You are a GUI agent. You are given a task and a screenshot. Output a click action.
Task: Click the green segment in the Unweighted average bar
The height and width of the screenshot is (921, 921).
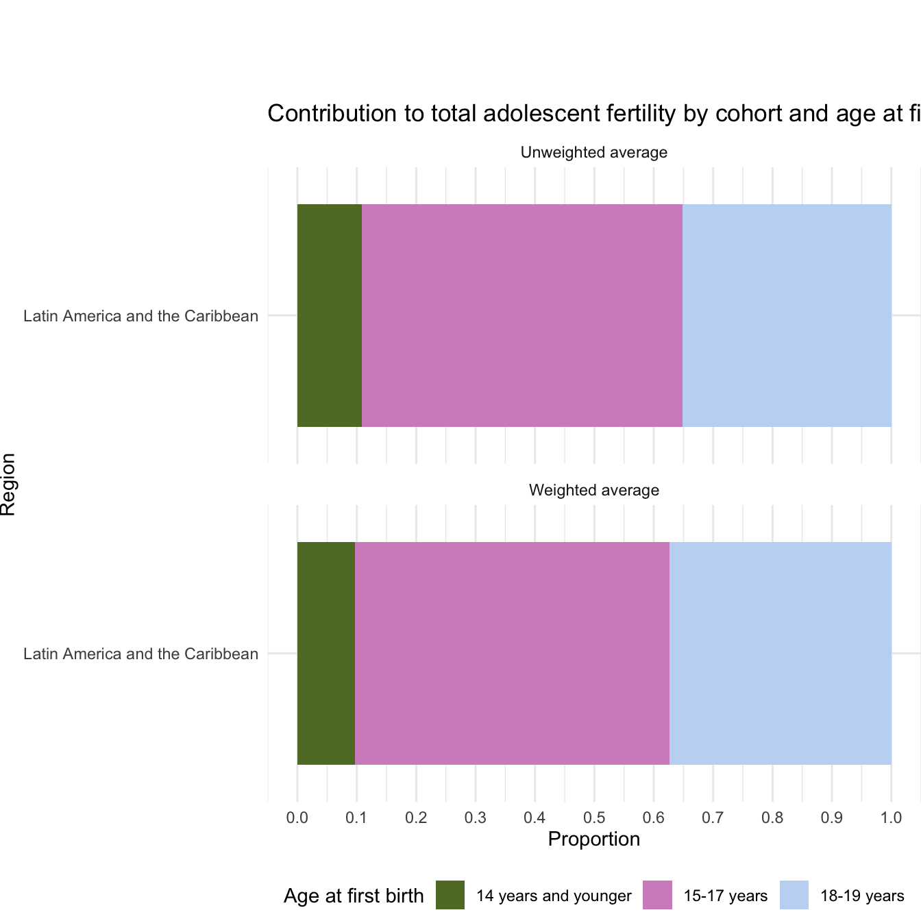[329, 315]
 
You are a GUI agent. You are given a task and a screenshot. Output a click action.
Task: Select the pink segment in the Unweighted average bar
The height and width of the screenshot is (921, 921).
[521, 315]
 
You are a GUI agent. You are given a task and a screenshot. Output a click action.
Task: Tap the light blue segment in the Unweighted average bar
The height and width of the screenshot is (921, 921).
[787, 315]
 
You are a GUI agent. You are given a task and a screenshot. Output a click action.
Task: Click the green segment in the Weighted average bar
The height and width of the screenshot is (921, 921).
[326, 653]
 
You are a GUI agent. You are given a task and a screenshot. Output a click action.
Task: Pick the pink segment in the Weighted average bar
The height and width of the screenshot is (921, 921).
[512, 653]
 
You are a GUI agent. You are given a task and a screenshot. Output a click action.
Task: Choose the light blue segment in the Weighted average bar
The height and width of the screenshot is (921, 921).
[780, 653]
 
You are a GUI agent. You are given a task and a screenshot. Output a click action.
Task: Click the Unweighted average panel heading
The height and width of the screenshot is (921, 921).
[593, 153]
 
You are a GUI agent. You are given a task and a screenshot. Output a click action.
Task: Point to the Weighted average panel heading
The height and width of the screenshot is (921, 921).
[593, 491]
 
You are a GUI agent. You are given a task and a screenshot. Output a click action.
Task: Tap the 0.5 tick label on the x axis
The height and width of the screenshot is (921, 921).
[594, 818]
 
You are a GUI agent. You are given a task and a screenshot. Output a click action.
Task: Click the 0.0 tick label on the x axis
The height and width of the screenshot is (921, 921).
[297, 818]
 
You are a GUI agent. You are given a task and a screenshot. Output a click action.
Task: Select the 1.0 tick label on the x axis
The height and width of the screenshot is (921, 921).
[891, 818]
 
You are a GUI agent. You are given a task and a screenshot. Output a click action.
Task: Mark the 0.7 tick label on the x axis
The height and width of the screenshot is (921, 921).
[713, 818]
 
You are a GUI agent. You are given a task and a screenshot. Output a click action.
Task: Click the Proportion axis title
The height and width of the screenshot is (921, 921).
[593, 839]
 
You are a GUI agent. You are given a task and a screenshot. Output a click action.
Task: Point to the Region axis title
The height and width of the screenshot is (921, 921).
[9, 484]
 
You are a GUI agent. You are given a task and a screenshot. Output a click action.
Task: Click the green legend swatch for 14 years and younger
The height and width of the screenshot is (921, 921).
[450, 895]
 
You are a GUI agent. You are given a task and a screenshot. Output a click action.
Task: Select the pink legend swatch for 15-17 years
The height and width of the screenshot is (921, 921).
[657, 895]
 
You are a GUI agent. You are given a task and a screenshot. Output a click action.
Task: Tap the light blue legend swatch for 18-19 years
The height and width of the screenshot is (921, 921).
[794, 895]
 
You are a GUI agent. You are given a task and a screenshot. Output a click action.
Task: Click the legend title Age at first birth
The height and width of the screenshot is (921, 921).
[354, 896]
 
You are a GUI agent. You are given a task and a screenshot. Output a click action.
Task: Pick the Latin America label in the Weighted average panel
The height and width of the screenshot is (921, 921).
[140, 654]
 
